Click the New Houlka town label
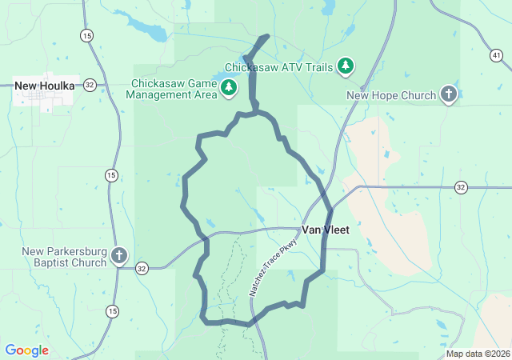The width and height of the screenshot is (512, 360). [45, 86]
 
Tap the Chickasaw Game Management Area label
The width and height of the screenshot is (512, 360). [174, 88]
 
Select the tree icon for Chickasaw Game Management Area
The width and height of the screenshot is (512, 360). [229, 87]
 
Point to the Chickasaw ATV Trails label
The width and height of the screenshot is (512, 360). [278, 66]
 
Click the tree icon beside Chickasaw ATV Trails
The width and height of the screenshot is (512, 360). [346, 66]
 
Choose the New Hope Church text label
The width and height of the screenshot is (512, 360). [391, 96]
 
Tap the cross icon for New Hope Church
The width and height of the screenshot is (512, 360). [448, 95]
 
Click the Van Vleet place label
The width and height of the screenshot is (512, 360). [325, 230]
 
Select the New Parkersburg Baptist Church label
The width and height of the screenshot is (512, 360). [64, 257]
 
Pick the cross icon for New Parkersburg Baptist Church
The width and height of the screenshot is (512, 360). [118, 257]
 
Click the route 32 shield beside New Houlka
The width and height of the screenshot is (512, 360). [90, 85]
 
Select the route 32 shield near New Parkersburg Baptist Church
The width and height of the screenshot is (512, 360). [142, 267]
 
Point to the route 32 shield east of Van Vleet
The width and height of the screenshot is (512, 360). [461, 187]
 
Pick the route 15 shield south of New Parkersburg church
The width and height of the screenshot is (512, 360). [112, 310]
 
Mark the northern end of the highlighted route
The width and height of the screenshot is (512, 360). [266, 37]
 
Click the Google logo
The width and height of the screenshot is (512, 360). [26, 350]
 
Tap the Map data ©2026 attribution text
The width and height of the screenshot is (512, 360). [477, 354]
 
